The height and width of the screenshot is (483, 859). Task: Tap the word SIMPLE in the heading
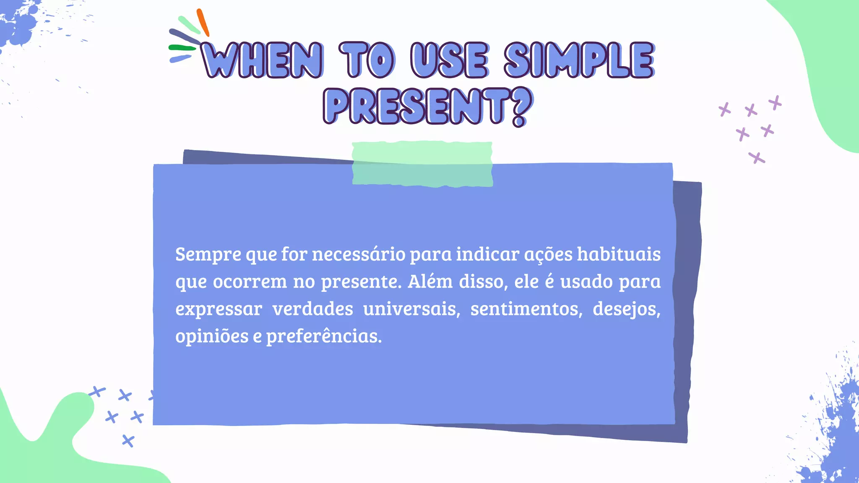point(579,60)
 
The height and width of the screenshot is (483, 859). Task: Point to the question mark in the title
point(522,106)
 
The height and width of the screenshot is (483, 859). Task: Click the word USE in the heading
point(449,60)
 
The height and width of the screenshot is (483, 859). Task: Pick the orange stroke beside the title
point(203,22)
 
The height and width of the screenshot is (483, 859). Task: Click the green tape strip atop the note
point(422,164)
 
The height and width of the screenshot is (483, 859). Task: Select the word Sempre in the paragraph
point(208,254)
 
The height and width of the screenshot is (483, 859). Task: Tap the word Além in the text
point(430,282)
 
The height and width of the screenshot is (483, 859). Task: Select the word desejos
point(626,309)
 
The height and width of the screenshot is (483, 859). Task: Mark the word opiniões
point(212,336)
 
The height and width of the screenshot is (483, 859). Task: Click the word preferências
point(324,336)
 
